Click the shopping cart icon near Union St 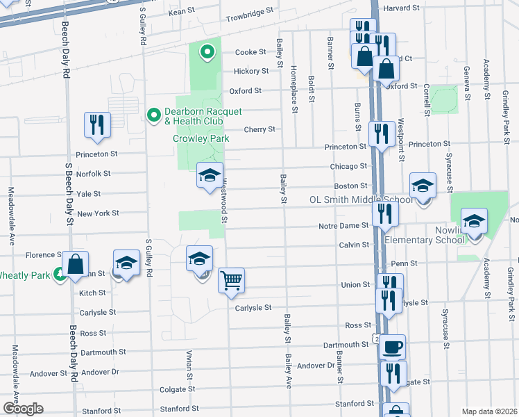point(231,280)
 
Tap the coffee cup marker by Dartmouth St point(393,345)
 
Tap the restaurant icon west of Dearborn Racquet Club point(97,124)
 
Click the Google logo point(22,409)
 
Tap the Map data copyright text point(489,411)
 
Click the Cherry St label point(259,129)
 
